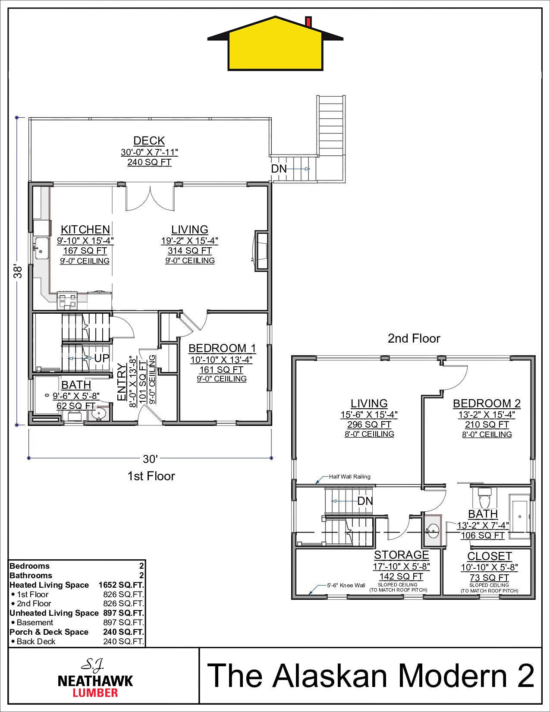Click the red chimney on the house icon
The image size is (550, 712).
pos(308,21)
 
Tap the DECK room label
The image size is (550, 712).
pos(149,141)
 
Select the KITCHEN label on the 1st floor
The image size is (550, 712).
pos(85,230)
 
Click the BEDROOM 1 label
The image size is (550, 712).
pos(222,348)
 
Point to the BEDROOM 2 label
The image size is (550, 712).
pos(487,403)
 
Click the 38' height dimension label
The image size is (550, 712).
pos(18,271)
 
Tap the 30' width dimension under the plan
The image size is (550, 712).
pos(150,459)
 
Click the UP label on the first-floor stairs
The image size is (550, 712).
pos(101,358)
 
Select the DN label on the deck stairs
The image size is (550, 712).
pos(279,169)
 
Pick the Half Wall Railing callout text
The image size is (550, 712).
pos(349,477)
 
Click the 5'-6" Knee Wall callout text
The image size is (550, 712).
pos(346,586)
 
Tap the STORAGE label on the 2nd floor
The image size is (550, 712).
pos(401,555)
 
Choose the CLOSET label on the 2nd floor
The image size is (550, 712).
pos(490,556)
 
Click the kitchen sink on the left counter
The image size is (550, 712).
pos(41,248)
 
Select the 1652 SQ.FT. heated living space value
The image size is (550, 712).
pos(121,585)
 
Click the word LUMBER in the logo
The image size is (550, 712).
pos(95,693)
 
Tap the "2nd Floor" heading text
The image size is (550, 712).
pos(414,338)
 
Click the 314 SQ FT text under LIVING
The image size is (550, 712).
pos(190,251)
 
